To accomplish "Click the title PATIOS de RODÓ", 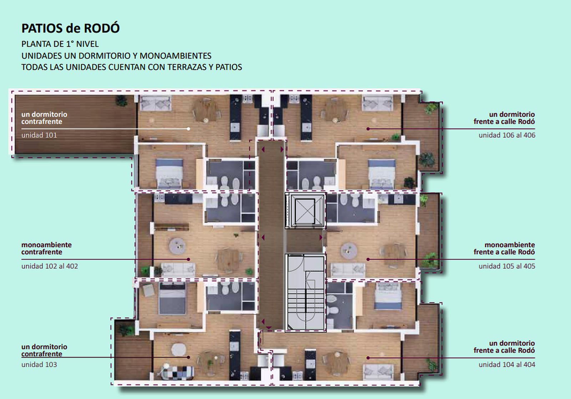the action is click(x=70, y=28).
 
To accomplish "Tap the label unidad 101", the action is click(x=39, y=135).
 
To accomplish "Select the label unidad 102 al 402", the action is click(x=50, y=266).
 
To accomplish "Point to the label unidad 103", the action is click(x=39, y=365).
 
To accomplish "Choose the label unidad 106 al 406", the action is click(x=507, y=135).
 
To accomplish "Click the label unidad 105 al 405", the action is click(x=507, y=266).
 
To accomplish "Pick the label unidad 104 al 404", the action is click(x=507, y=365).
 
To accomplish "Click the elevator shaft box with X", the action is click(x=305, y=211).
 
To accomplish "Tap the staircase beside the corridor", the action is click(x=305, y=293).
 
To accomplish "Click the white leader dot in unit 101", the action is click(x=188, y=129).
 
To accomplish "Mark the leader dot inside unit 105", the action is click(x=368, y=259).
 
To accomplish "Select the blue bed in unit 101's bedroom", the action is click(x=169, y=173).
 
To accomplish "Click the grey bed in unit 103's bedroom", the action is click(x=172, y=298).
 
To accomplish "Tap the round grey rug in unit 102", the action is click(x=177, y=246).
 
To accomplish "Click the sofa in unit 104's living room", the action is click(x=378, y=372).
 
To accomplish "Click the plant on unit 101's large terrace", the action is click(x=121, y=101).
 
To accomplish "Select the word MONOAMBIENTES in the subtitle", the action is click(x=175, y=56).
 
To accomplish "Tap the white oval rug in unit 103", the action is click(x=179, y=349).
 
